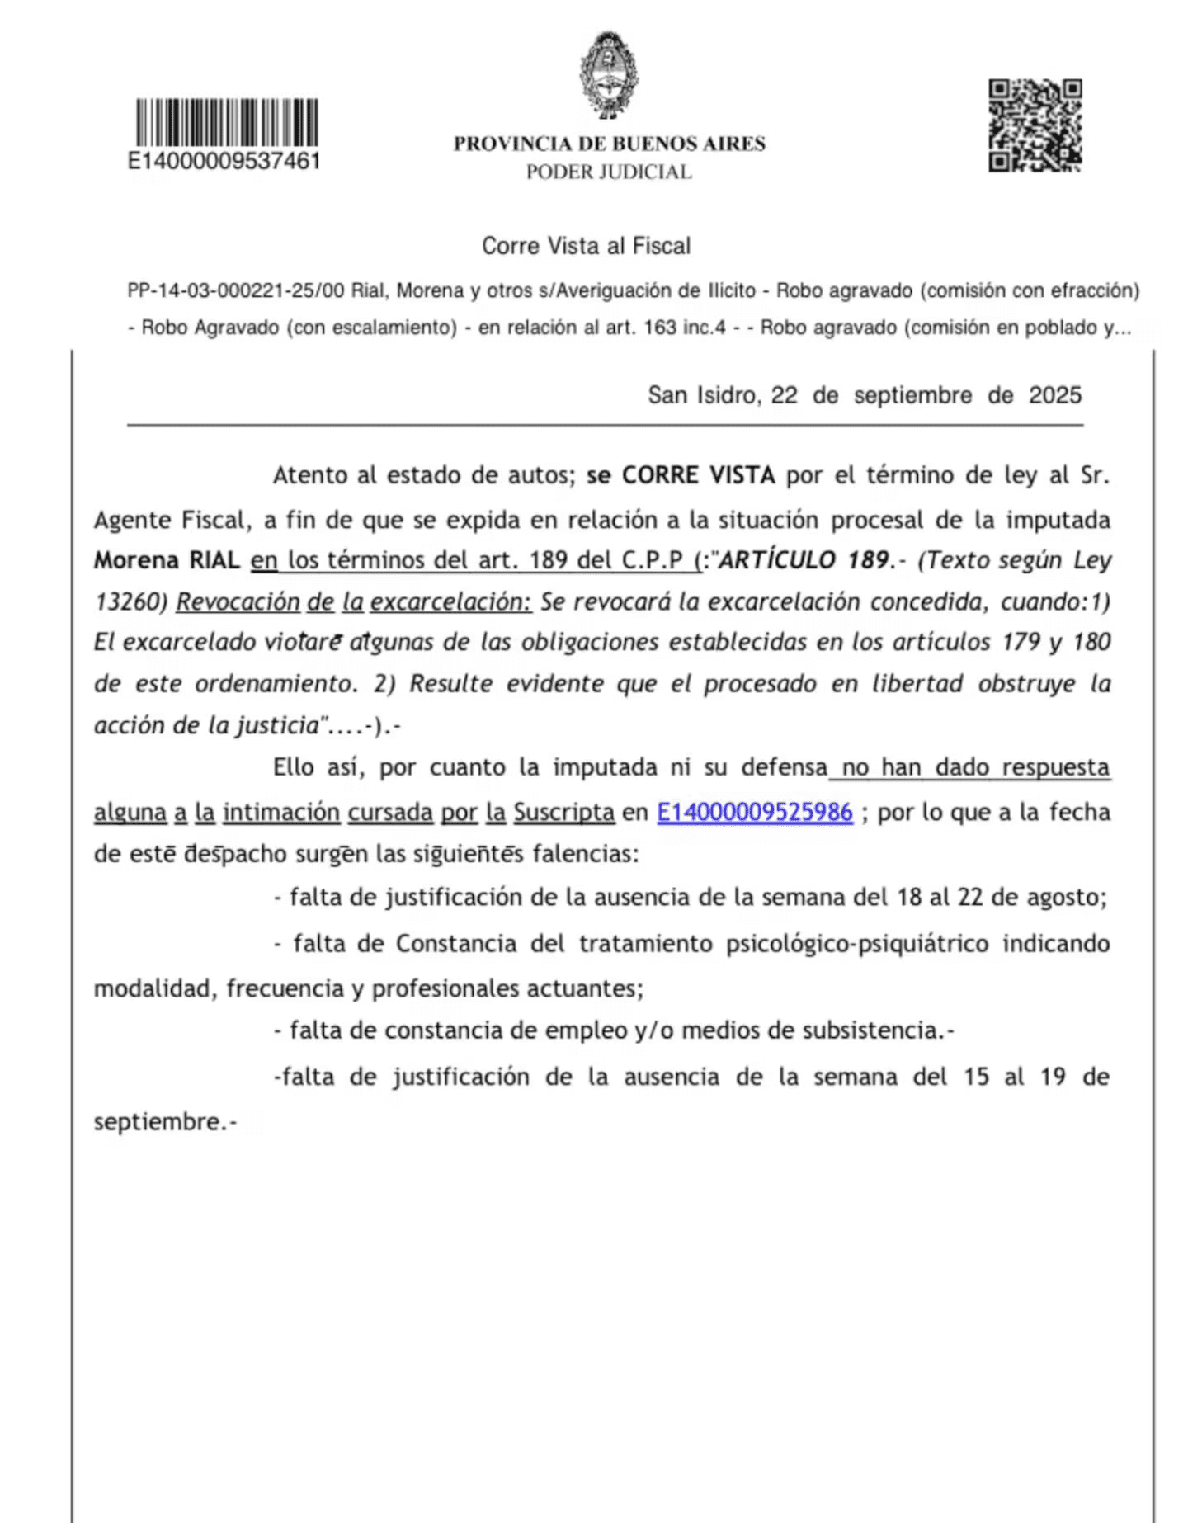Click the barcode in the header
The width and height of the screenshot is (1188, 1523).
point(227,122)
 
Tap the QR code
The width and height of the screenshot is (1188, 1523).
point(1035,125)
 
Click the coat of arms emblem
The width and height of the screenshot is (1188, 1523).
point(609,76)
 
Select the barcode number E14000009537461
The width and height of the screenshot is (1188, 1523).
point(224,161)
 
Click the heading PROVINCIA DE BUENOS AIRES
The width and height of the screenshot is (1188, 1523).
point(609,144)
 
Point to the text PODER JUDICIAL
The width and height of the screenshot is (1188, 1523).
point(609,172)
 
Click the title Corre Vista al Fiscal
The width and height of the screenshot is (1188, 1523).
point(586,246)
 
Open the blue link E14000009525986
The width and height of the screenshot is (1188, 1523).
point(754,812)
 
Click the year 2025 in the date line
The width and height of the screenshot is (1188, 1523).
point(1054,395)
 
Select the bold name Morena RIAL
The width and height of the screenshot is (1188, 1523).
point(167,560)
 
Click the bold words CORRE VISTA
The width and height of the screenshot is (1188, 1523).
point(698,475)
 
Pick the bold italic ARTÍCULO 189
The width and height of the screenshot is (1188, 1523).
point(804,560)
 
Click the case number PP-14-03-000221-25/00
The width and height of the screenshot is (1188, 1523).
point(235,290)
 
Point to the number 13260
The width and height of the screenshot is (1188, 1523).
point(130,601)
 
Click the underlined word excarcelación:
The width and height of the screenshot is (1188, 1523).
point(450,601)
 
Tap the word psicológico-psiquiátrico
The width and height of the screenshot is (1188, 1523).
point(856,943)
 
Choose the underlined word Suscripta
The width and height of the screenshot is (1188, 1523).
point(563,812)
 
